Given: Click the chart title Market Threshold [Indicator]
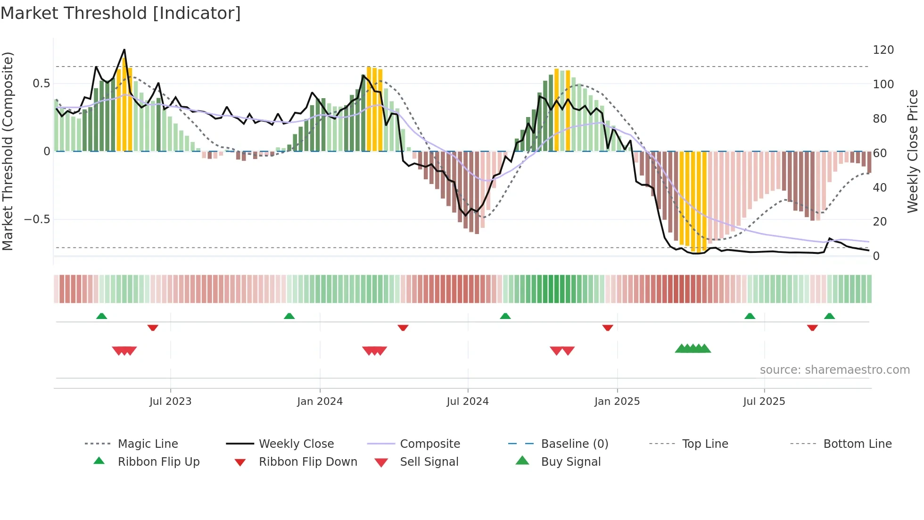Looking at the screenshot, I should click(121, 13).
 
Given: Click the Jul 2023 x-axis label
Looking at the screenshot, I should click(170, 402).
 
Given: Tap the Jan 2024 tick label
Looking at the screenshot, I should click(320, 402).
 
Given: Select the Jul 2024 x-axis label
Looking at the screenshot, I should click(467, 402).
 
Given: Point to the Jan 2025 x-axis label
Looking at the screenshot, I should click(617, 402).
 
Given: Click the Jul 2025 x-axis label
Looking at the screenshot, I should click(764, 402).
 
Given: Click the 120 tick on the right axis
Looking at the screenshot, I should click(883, 50).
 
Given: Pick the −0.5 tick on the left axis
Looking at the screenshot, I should click(37, 219).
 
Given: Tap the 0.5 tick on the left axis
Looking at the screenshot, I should click(41, 84).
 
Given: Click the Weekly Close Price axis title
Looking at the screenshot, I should click(913, 151).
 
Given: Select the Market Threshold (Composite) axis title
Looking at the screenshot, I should click(8, 151).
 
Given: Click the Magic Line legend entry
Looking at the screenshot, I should click(148, 444).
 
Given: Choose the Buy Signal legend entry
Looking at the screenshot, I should click(570, 462).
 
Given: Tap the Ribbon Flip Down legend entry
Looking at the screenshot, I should click(307, 462).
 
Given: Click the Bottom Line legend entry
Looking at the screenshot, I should click(857, 444).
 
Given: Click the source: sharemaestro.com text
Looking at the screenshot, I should click(834, 370).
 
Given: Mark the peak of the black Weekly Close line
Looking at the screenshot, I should click(124, 50).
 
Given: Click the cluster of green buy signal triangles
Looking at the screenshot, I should click(693, 349).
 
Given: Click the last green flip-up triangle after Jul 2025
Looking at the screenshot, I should click(829, 316).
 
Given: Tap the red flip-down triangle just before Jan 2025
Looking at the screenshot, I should click(607, 327).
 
